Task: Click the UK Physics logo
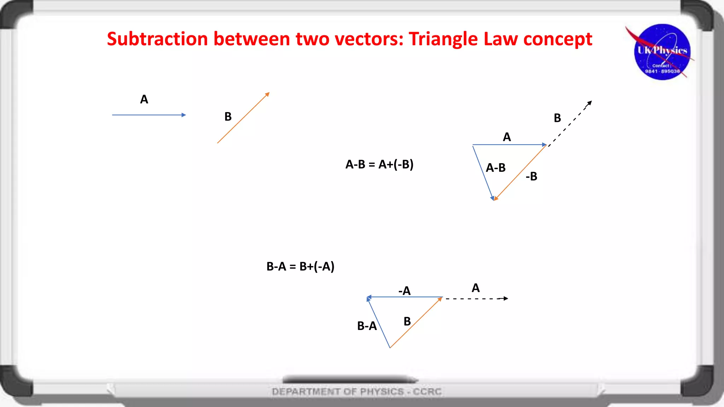click(x=662, y=52)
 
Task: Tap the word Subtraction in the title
click(x=157, y=39)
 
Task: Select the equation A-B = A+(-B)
click(x=379, y=164)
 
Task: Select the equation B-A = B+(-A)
click(x=300, y=266)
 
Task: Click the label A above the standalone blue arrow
click(x=144, y=99)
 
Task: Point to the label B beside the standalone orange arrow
click(x=228, y=117)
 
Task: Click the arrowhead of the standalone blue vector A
click(x=184, y=115)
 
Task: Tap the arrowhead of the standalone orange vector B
click(x=268, y=94)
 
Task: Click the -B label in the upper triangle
click(x=531, y=176)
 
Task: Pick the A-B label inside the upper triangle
click(x=496, y=168)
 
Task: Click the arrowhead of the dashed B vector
click(x=590, y=103)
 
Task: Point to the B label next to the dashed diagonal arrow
click(x=557, y=118)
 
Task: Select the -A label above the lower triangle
click(x=404, y=291)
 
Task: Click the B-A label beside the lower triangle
click(x=367, y=326)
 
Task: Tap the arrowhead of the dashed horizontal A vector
click(x=506, y=299)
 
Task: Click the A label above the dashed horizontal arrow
click(x=475, y=288)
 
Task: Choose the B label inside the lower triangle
click(x=407, y=322)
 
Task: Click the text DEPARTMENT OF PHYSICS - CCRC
click(x=357, y=391)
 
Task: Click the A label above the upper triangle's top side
click(x=507, y=137)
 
